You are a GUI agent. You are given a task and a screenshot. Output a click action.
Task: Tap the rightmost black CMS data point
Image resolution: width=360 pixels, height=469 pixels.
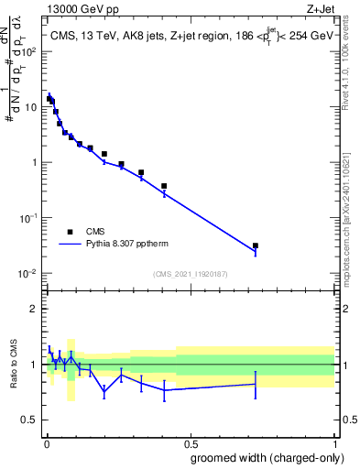(256, 245)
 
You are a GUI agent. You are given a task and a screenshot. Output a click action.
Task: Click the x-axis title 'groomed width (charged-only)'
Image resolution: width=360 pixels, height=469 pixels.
(263, 456)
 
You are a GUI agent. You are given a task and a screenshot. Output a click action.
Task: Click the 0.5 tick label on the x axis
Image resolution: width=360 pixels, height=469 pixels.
(191, 442)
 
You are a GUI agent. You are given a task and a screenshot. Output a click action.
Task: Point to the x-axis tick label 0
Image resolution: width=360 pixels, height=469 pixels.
(46, 442)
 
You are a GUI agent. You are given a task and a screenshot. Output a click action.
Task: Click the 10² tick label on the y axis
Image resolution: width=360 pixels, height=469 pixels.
(29, 51)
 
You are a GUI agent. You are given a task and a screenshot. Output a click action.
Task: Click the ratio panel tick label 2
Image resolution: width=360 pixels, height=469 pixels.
(35, 309)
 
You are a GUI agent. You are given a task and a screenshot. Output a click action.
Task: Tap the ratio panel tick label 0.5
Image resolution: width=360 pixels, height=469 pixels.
(31, 420)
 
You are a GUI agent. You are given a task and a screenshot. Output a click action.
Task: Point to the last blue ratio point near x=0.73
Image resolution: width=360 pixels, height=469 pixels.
(256, 384)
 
